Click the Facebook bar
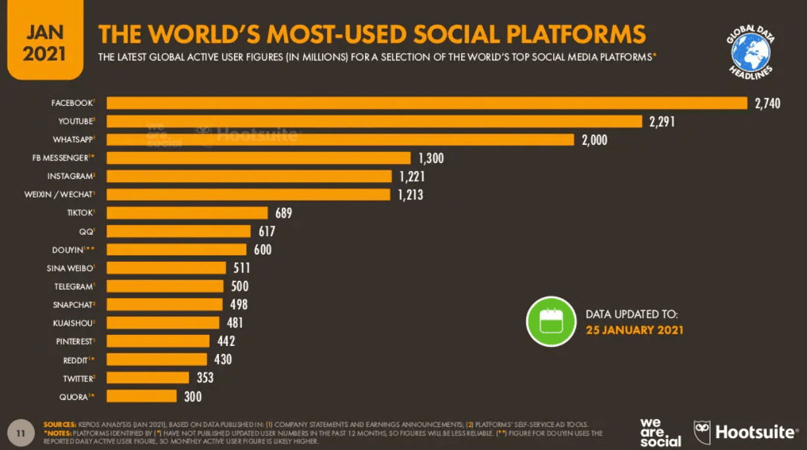(x=427, y=103)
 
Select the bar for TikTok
(x=187, y=213)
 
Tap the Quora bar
(x=142, y=396)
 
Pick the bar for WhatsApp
(x=341, y=139)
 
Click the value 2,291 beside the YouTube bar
(x=662, y=121)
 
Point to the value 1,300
(x=431, y=158)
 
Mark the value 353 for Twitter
(x=205, y=378)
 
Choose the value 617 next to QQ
(x=266, y=231)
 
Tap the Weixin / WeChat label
(x=64, y=195)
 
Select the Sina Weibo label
(x=70, y=268)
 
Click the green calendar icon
(x=550, y=321)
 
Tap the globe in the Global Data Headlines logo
(x=750, y=52)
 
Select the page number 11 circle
(x=20, y=433)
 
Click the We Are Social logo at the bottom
(x=660, y=432)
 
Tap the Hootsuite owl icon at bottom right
(x=702, y=432)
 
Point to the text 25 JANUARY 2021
(x=634, y=330)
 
